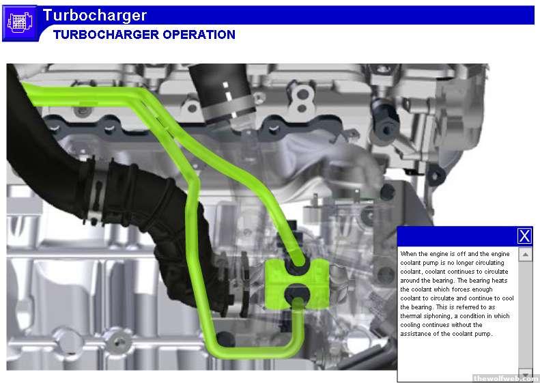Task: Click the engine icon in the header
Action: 20,23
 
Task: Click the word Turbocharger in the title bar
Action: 95,15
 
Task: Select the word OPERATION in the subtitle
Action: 199,34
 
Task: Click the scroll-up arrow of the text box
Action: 525,255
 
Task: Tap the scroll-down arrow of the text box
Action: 525,373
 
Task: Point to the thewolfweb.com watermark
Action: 506,378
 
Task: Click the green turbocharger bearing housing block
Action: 296,283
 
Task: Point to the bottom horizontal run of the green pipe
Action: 255,352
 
